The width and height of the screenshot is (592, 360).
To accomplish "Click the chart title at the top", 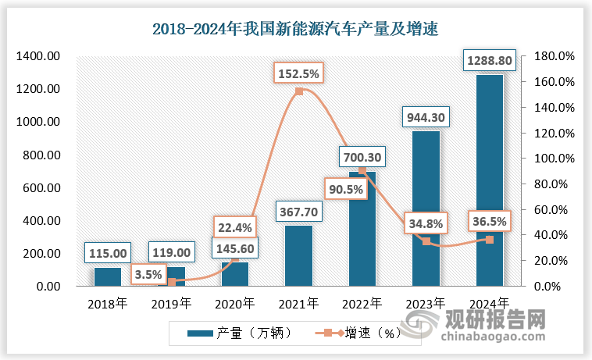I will (x=295, y=30).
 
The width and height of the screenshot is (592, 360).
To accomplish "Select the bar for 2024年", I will (x=489, y=180).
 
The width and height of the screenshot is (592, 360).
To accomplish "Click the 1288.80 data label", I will (x=489, y=60).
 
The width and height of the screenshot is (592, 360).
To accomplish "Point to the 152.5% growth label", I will (x=298, y=74).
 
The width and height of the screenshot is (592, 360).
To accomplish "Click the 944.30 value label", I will (x=426, y=117).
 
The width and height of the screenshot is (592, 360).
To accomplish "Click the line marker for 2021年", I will (x=299, y=92).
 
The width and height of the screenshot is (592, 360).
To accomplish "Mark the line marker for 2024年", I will (x=490, y=240).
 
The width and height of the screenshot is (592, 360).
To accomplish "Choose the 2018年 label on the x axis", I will (x=108, y=302).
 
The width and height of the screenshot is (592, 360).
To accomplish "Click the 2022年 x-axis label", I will (x=362, y=302).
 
